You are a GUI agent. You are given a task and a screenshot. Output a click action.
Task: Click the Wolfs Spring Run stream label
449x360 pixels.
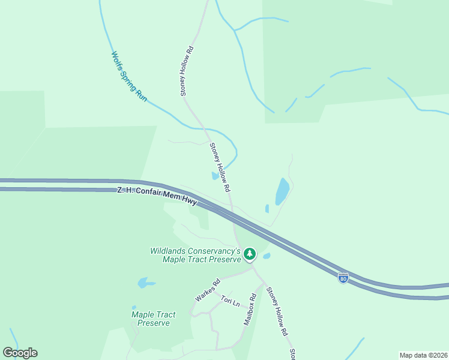tap(129, 76)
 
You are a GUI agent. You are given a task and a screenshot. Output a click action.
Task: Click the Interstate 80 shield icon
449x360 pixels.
tap(343, 278)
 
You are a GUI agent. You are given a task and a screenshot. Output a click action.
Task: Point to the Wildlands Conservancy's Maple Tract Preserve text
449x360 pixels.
tap(196, 255)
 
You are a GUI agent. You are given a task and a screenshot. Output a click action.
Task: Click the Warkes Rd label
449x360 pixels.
tap(207, 290)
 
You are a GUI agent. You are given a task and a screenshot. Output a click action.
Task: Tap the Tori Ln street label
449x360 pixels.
tap(230, 301)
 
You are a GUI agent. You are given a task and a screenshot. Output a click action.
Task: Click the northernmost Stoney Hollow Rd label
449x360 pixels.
tap(187, 71)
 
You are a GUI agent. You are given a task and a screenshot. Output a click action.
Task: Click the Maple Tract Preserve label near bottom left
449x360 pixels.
tap(154, 319)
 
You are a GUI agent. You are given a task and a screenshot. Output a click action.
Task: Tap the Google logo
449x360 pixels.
tap(20, 353)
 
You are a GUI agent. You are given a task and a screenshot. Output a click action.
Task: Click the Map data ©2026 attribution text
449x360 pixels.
tap(424, 355)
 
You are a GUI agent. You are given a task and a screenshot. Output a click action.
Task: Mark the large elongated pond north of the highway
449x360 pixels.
tap(282, 192)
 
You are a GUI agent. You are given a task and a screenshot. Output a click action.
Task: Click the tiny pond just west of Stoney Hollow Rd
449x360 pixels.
tap(215, 176)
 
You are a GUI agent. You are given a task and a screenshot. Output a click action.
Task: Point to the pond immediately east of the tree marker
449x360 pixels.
tap(267, 256)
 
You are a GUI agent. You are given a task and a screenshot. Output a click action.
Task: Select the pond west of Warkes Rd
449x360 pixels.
tap(145, 282)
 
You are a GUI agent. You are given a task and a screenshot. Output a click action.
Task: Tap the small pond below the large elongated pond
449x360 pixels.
tap(267, 209)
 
